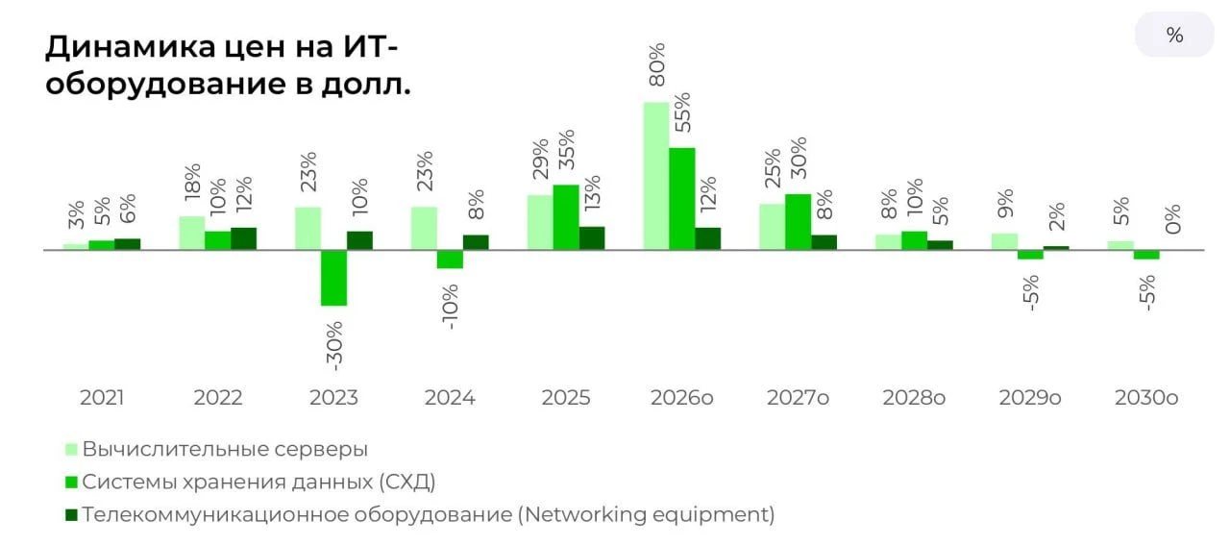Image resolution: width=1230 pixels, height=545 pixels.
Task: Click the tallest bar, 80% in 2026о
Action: tap(656, 176)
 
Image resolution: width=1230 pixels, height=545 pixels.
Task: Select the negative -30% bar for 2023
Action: tap(333, 278)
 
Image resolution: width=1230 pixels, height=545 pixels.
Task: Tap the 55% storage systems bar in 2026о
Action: tap(682, 199)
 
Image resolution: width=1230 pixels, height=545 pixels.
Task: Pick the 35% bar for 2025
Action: tap(566, 217)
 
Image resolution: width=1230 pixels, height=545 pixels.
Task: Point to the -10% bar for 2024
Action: tap(451, 260)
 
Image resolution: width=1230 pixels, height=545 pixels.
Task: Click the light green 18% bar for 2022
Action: tap(192, 233)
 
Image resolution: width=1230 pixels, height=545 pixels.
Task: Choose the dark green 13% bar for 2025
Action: tap(592, 237)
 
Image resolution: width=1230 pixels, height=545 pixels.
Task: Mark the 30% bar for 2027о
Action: tap(799, 222)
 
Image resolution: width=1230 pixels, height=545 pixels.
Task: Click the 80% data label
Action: tap(657, 64)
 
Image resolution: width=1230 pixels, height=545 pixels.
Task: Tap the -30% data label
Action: tap(334, 346)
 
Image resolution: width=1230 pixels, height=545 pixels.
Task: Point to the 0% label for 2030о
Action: tap(1173, 219)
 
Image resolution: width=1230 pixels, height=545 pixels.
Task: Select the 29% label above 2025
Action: tap(541, 160)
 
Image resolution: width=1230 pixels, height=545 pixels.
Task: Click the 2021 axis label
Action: tap(102, 397)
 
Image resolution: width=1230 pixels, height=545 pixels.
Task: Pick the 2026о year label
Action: tap(682, 397)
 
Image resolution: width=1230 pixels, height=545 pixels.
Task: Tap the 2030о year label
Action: tap(1146, 397)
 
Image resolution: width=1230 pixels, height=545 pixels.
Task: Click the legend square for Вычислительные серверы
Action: tap(71, 450)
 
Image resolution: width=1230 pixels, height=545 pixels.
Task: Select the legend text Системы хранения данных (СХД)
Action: tap(259, 483)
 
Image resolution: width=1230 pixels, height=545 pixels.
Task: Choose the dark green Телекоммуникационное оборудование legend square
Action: tap(71, 515)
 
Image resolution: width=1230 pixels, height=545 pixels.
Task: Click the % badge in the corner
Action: tap(1174, 36)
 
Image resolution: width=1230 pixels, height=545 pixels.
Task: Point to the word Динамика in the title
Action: tap(131, 47)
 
